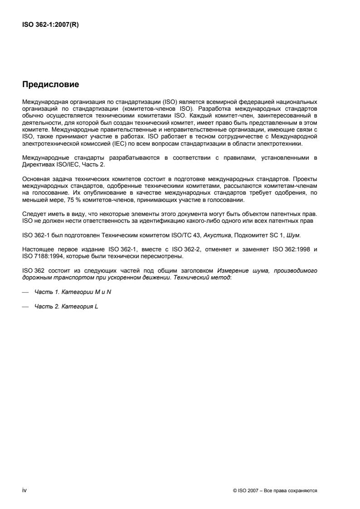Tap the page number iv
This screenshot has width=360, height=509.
25,490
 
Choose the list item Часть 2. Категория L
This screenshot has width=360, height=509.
66,306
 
